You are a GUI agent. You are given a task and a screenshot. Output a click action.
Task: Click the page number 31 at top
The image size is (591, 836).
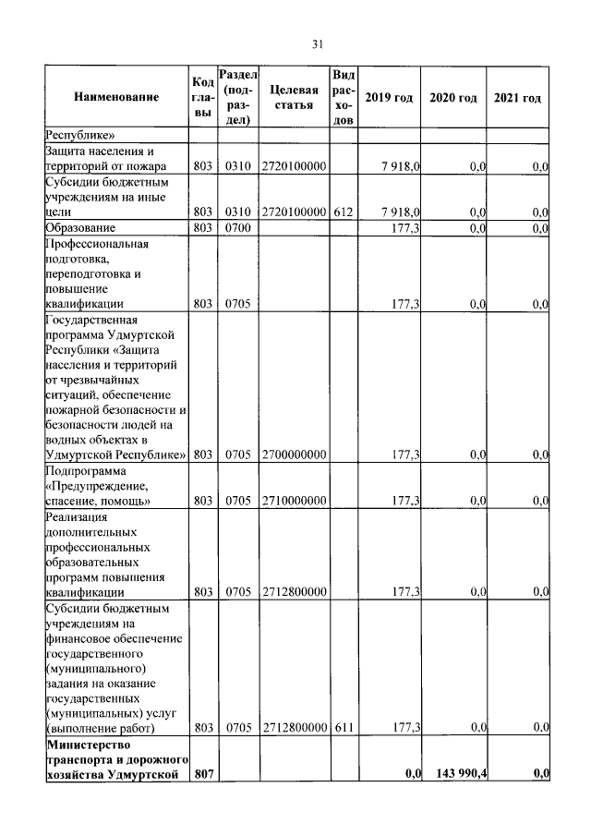pos(316,42)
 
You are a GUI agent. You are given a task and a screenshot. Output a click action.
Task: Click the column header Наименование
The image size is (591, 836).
pos(116,97)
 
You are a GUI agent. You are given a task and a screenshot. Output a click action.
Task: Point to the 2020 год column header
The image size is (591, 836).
pos(452,98)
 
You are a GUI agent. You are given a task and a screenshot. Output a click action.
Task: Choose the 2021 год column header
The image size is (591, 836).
pos(517,98)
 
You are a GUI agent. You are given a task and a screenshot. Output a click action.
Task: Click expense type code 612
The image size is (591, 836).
pos(344,212)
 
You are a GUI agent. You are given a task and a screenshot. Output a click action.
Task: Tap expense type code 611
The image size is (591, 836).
pos(344,727)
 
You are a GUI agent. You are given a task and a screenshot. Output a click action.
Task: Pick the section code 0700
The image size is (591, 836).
pos(237,227)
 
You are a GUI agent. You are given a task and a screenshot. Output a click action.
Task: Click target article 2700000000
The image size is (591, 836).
pos(294,454)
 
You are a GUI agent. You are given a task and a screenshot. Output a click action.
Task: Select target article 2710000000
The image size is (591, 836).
pos(294,500)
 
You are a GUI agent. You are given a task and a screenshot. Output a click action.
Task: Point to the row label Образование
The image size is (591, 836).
pos(80,227)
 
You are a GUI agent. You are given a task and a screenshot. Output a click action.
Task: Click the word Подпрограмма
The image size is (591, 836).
pos(86,470)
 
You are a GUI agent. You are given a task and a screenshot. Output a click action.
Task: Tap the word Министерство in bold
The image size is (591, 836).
pos(90,743)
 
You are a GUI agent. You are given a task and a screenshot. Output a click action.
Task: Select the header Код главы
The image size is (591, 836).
pos(204,97)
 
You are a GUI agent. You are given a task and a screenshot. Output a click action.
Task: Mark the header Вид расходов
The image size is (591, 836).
pos(343,97)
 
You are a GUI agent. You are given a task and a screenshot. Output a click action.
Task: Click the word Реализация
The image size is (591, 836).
pos(78,516)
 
